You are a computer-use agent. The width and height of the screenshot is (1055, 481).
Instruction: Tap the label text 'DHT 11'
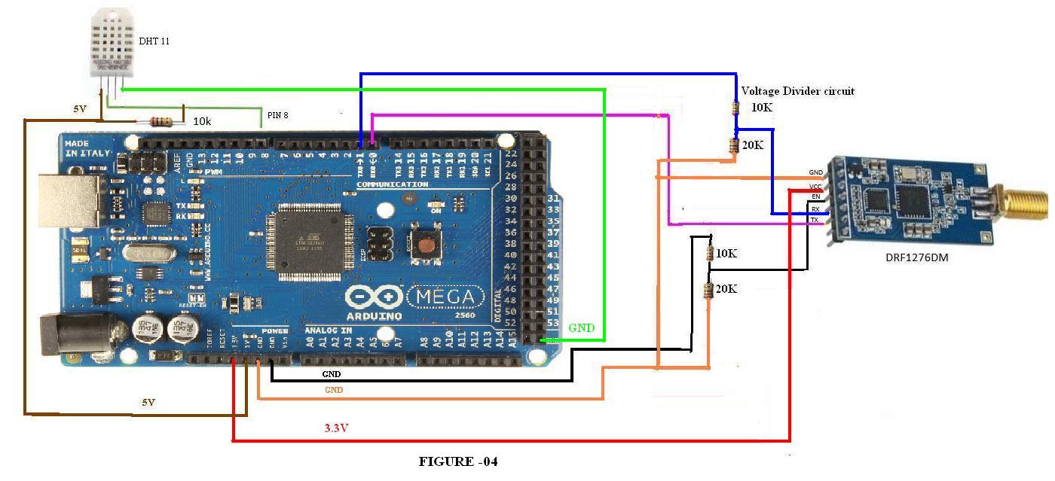(154, 41)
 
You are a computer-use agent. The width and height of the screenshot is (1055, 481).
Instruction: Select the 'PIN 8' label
(277, 116)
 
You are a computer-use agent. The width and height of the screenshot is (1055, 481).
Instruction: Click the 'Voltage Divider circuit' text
(797, 91)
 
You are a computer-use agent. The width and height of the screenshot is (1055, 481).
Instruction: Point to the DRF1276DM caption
(916, 258)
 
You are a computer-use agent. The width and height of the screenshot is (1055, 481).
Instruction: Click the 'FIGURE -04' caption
(458, 461)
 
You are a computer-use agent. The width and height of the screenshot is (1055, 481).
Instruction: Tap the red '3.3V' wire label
(336, 428)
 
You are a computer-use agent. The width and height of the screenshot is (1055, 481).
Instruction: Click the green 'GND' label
(581, 328)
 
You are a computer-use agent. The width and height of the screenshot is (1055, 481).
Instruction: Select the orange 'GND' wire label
(334, 390)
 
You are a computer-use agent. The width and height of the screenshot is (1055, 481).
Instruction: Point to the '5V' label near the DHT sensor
(80, 109)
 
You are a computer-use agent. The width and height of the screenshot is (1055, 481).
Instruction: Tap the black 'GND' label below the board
(331, 374)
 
